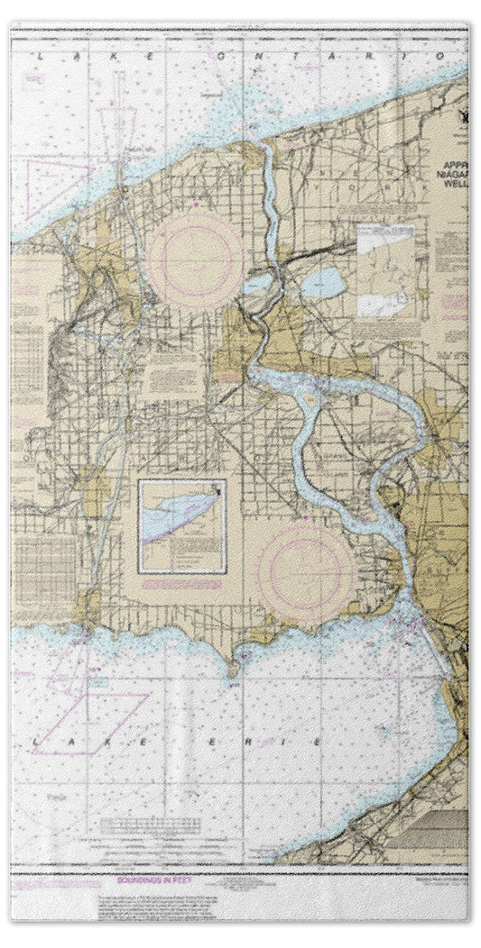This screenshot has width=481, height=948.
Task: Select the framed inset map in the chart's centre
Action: (x=181, y=526)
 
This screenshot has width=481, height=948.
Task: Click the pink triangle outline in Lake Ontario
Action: (x=56, y=185)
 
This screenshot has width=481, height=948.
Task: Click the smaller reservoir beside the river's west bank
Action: (x=256, y=287)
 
